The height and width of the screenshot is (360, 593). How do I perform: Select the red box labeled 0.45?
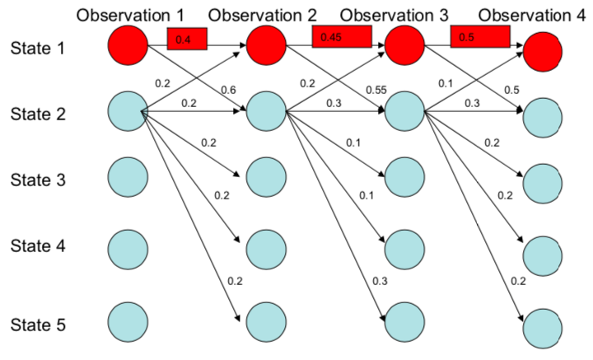click(x=341, y=35)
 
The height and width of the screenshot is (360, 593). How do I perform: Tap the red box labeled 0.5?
click(x=480, y=35)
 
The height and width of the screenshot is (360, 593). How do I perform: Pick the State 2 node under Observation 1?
click(x=128, y=110)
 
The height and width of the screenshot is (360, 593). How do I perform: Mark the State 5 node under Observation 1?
click(x=128, y=320)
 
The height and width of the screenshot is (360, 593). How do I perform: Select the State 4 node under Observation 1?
click(x=128, y=247)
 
